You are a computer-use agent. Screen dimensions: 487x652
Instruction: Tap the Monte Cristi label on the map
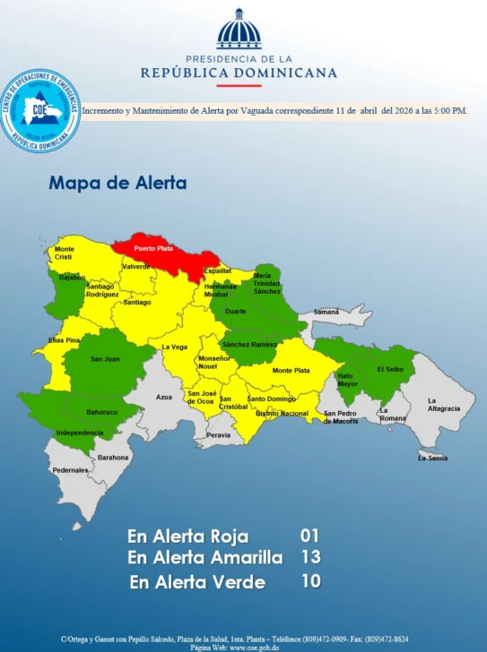pos(65,253)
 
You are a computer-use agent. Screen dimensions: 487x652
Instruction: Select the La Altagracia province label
pos(443,404)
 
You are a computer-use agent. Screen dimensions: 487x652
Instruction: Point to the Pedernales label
pos(70,469)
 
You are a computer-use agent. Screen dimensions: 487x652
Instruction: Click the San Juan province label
pos(105,359)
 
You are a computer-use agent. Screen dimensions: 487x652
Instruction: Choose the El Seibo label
pos(389,369)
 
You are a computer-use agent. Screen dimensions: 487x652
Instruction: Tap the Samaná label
pos(326,312)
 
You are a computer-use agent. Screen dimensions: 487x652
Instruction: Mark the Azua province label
pos(163,396)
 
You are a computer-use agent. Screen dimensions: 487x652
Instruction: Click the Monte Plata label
pos(291,370)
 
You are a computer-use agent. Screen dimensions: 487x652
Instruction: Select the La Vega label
pos(174,347)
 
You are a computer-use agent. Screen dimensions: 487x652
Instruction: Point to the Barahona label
pos(114,457)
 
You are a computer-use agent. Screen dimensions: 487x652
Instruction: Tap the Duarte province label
pos(236,311)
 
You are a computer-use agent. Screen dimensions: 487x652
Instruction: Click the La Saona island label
pos(432,458)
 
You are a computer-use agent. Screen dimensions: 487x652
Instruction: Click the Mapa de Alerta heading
pos(117,184)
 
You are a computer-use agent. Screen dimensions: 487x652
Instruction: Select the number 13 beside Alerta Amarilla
pos(309,557)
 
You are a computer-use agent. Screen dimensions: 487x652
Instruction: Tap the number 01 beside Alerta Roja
pos(309,536)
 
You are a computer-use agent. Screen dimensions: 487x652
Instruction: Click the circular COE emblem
pos(40,110)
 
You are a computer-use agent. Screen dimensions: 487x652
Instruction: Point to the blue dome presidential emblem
pos(239,30)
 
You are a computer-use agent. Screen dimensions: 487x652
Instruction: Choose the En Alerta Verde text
pos(197,582)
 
